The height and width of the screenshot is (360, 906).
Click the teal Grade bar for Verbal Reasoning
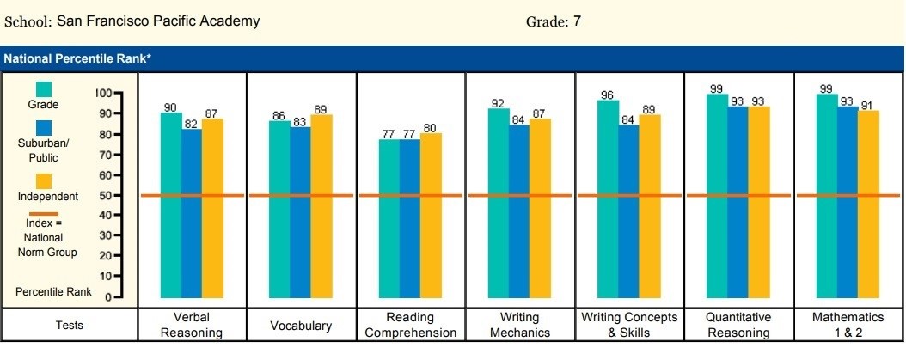pyautogui.click(x=171, y=206)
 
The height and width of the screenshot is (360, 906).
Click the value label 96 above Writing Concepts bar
pyautogui.click(x=608, y=95)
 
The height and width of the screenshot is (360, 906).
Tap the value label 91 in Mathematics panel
pyautogui.click(x=868, y=106)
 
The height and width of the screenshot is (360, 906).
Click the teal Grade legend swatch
pyautogui.click(x=44, y=89)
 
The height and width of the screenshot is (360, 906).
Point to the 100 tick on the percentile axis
pyautogui.click(x=104, y=93)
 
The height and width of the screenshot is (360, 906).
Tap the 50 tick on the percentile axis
pyautogui.click(x=106, y=195)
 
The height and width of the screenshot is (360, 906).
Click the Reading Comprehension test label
pyautogui.click(x=410, y=326)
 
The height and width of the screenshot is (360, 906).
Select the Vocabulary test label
pyautogui.click(x=301, y=326)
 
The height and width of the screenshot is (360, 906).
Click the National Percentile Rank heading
pyautogui.click(x=78, y=58)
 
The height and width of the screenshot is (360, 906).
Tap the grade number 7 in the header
pyautogui.click(x=577, y=21)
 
